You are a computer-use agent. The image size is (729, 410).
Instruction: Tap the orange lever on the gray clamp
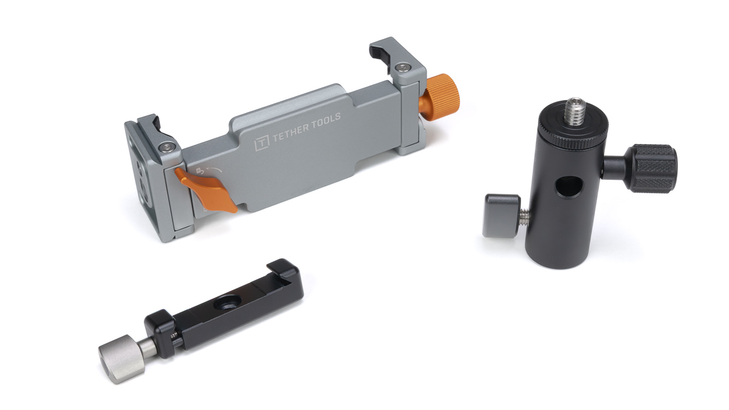(207, 190)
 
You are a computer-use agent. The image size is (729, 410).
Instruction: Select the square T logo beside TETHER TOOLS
(262, 143)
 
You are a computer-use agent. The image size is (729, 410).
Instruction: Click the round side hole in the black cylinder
(568, 187)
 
